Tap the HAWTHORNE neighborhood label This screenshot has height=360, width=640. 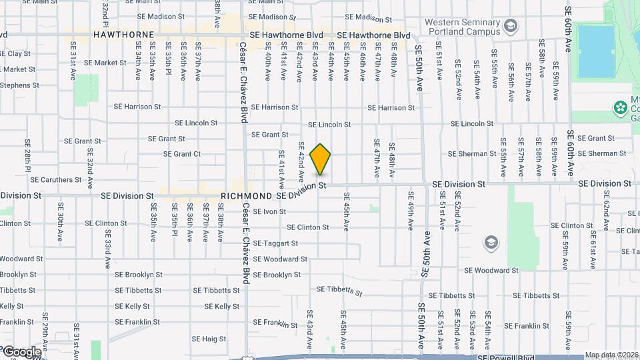coord(124,34)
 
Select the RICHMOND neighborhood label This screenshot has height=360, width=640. coord(247,196)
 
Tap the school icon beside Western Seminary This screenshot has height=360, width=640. coord(511,27)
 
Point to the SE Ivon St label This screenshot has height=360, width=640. coord(269,211)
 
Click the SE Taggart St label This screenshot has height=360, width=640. coord(275,243)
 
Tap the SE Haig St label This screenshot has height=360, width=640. coord(211,339)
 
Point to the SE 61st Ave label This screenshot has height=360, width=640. coord(591,253)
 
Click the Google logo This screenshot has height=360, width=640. coord(21,351)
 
